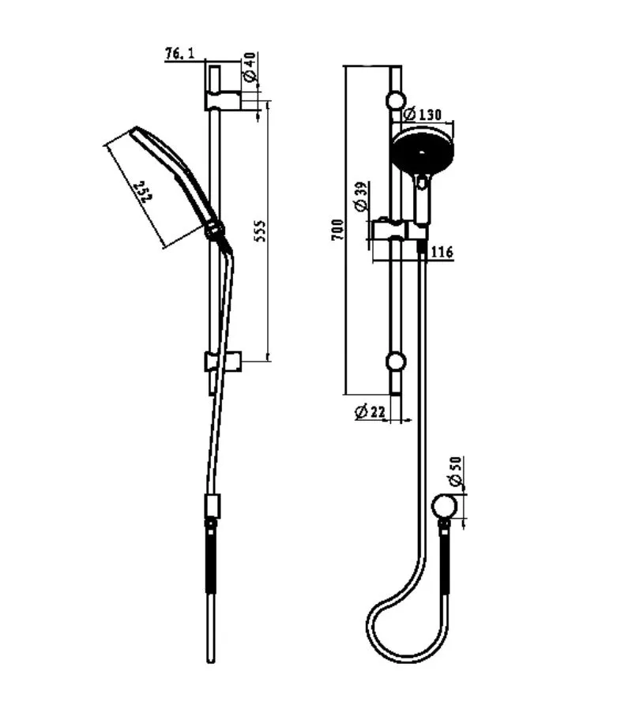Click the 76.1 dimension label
click(x=179, y=54)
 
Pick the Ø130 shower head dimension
click(x=423, y=115)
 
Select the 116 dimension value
click(x=442, y=252)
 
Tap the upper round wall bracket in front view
click(x=395, y=101)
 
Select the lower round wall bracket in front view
click(x=395, y=362)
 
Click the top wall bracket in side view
click(x=223, y=100)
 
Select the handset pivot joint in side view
click(x=214, y=231)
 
